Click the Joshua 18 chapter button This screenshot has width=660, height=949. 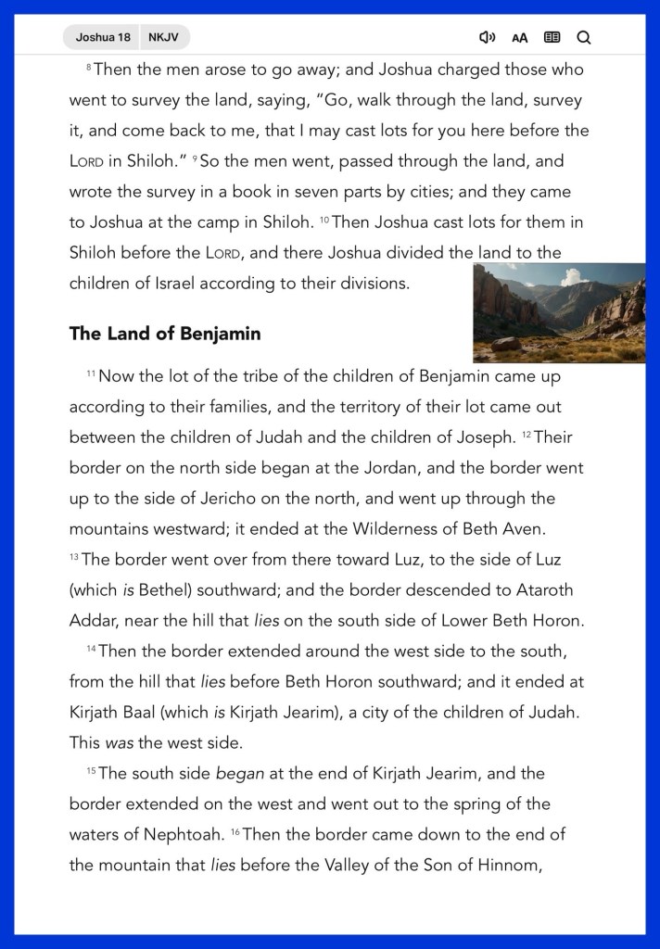[103, 37]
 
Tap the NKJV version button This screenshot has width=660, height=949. [163, 37]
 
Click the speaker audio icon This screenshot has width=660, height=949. [487, 37]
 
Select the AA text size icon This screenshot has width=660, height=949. [519, 38]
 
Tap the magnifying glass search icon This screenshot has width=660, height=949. [583, 37]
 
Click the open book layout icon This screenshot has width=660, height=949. [552, 37]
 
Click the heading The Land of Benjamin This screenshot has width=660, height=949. [165, 334]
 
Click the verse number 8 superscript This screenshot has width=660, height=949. [89, 68]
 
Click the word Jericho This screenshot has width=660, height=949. [228, 499]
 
